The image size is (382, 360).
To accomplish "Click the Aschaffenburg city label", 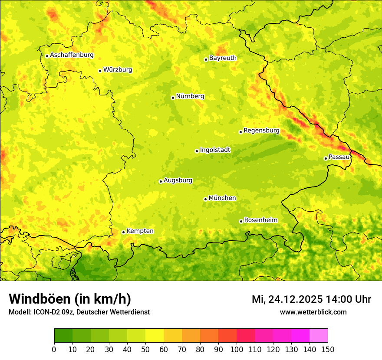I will [72, 55].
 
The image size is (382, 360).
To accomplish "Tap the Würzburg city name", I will [118, 70].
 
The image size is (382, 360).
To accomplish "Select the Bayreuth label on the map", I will [223, 58].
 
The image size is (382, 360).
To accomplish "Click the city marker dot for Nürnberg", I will [173, 98].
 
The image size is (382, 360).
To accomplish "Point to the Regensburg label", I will [261, 131].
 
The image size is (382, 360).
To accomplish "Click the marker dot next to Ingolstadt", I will [197, 151].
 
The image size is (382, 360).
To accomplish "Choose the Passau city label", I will [339, 157].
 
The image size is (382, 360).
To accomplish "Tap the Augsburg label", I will [178, 180].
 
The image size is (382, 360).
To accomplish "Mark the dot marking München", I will [205, 199].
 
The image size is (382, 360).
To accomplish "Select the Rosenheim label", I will [260, 220].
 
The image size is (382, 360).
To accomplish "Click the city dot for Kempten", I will [123, 232].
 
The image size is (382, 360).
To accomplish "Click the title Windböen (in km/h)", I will [70, 299].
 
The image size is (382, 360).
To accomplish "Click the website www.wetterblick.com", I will [313, 312].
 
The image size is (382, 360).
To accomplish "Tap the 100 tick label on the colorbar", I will [237, 349].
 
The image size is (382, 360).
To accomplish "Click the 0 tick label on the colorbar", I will [54, 349].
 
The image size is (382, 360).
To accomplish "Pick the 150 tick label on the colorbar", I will [328, 349].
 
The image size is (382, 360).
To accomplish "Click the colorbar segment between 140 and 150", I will [319, 336].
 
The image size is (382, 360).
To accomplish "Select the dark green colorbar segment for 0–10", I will [63, 336].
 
